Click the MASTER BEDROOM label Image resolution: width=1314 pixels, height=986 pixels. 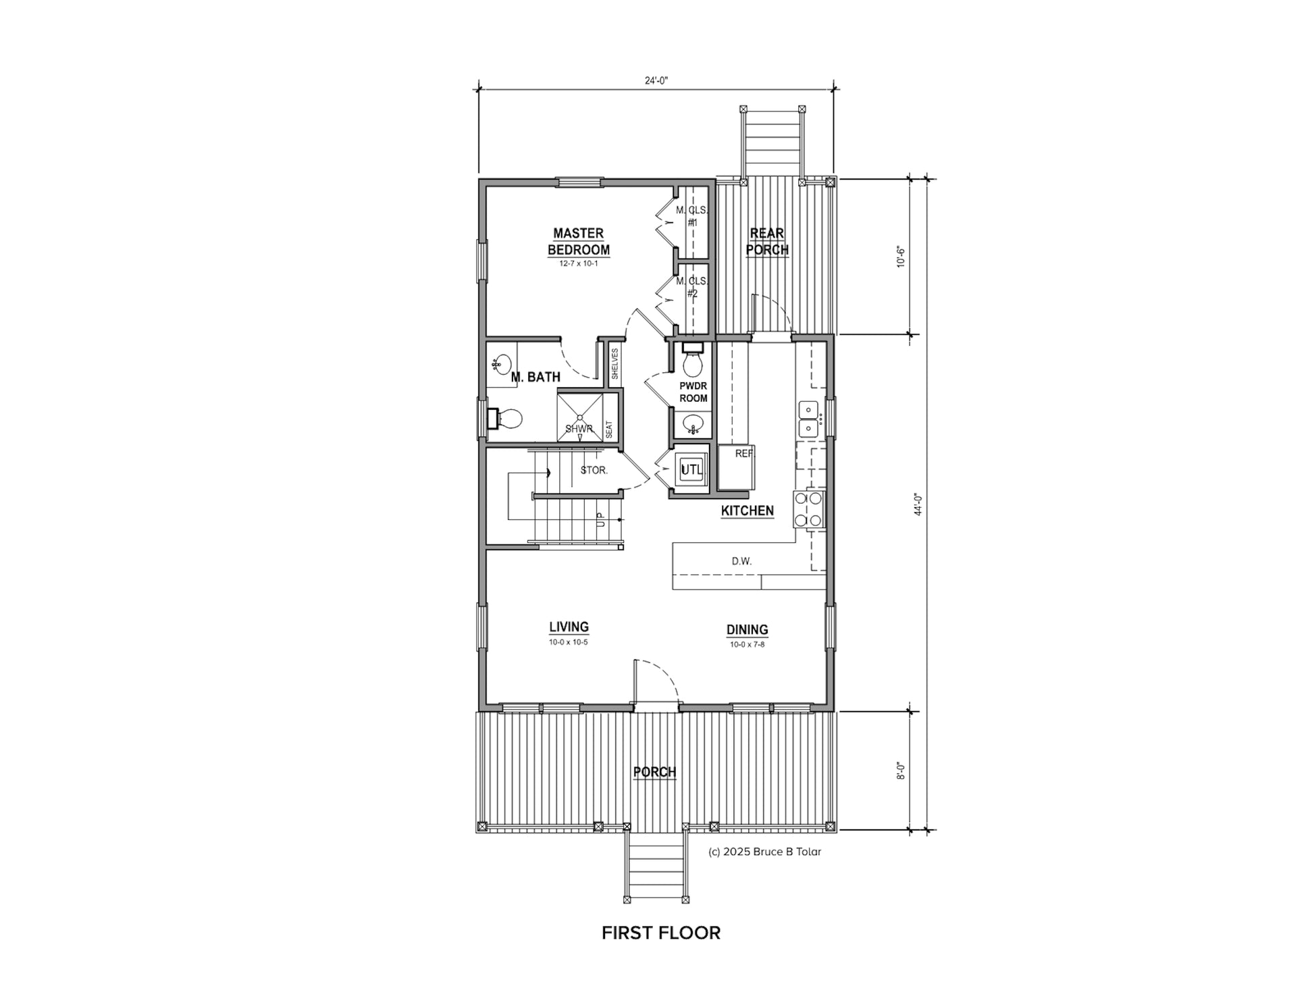click(x=579, y=242)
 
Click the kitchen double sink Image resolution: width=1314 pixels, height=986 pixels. click(x=808, y=419)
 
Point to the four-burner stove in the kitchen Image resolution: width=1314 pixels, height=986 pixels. click(x=809, y=509)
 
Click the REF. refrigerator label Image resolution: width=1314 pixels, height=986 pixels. click(x=744, y=454)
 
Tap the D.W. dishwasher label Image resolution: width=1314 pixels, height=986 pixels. click(x=741, y=561)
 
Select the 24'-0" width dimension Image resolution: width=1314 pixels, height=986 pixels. click(x=656, y=80)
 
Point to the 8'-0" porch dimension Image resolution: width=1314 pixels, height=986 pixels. click(x=901, y=771)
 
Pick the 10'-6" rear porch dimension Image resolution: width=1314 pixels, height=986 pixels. click(x=901, y=257)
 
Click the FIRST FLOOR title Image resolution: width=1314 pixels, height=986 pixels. click(x=661, y=933)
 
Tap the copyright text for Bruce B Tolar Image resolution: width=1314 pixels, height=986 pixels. click(x=765, y=852)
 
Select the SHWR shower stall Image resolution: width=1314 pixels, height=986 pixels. click(x=580, y=415)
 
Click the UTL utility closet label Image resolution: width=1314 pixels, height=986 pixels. click(x=691, y=469)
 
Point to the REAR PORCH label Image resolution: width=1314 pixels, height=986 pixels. click(x=767, y=242)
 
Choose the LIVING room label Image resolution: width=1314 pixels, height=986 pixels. click(x=569, y=627)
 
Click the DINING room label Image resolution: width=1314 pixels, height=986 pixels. click(x=747, y=629)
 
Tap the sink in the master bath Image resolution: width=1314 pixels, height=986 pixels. click(x=500, y=365)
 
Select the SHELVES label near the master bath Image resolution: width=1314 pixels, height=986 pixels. click(x=614, y=364)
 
